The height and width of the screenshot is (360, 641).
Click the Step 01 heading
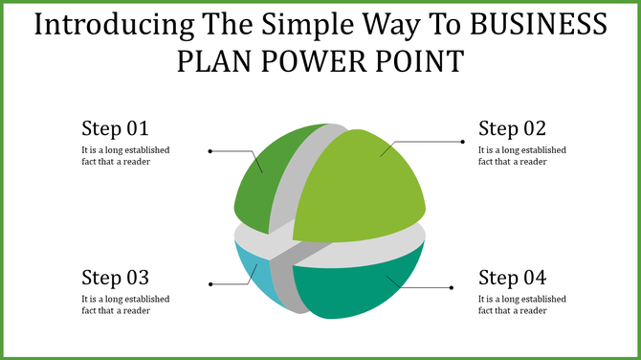point(115,128)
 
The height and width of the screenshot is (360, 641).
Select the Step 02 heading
point(512,128)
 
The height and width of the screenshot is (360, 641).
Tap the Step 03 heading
point(115,278)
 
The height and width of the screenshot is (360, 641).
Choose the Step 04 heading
point(512,278)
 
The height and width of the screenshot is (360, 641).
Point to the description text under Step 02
point(522,155)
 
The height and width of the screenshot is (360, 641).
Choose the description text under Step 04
point(522,304)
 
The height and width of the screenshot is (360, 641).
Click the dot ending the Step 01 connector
point(210,151)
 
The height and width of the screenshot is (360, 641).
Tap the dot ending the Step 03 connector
point(210,284)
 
